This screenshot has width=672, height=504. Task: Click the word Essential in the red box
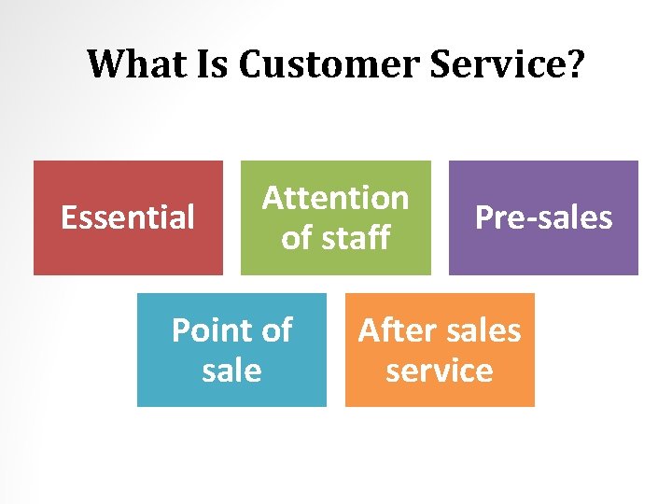tap(128, 217)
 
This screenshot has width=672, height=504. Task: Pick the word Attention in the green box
tap(335, 198)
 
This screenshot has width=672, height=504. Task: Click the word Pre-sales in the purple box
tap(543, 217)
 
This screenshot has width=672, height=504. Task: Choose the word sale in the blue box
tap(231, 371)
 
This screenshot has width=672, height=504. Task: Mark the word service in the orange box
tap(440, 371)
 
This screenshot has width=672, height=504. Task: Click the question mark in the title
tap(575, 64)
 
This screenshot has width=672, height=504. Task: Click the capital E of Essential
tap(68, 217)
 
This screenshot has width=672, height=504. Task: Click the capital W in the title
tap(106, 64)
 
